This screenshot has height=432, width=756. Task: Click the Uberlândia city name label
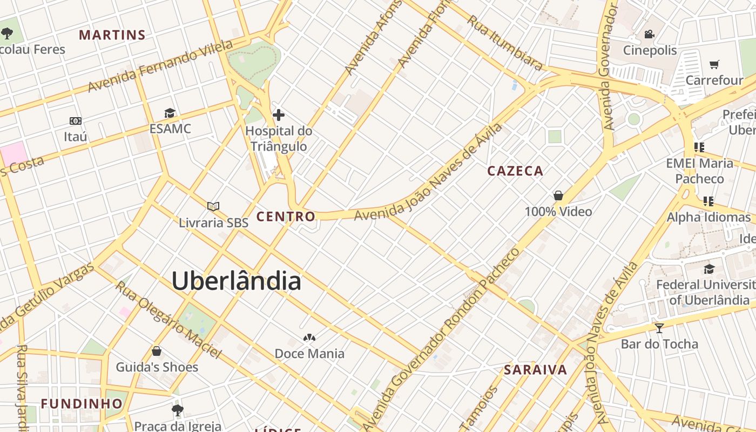(x=236, y=281)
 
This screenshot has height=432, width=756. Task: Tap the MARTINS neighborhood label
(x=112, y=35)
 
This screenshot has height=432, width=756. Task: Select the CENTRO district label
(x=286, y=217)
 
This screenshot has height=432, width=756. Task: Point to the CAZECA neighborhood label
(x=515, y=171)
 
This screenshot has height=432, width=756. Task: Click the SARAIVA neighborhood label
(x=535, y=370)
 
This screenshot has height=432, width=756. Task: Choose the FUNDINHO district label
(x=82, y=403)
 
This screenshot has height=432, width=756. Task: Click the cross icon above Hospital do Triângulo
(x=279, y=114)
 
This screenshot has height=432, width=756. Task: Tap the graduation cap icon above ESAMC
(x=170, y=113)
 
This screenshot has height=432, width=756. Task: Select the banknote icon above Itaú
(x=76, y=121)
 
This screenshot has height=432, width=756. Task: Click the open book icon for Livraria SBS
(x=213, y=206)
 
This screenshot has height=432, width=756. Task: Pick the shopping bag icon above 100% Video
(x=558, y=195)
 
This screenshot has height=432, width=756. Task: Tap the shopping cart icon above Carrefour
(x=714, y=64)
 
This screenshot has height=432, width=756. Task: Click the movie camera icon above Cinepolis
(x=649, y=35)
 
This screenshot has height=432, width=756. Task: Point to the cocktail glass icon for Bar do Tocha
(x=659, y=328)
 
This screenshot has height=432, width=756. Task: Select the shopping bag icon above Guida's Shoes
(x=157, y=352)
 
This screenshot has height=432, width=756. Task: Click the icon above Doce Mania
(x=309, y=338)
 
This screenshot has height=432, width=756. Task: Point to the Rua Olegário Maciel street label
(x=168, y=320)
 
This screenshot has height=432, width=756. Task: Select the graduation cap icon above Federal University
(x=709, y=269)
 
